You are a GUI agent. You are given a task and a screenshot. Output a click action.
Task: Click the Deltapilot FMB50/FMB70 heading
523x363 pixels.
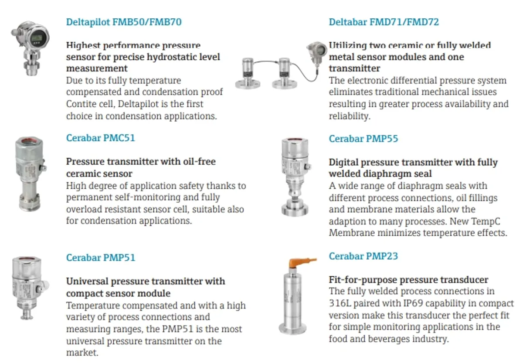124,22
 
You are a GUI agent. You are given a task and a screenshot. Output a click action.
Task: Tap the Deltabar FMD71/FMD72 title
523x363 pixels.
384,22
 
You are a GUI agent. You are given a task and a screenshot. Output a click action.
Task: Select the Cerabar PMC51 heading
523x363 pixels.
101,138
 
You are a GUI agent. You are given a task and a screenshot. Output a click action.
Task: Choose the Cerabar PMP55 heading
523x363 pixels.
363,139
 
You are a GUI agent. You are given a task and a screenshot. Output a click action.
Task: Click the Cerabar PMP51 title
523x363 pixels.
101,258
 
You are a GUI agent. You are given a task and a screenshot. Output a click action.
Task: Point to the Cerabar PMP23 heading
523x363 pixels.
363,256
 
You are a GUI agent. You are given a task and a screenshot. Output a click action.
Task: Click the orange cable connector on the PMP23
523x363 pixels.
301,263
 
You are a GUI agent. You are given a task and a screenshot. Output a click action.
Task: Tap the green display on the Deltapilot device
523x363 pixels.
37,38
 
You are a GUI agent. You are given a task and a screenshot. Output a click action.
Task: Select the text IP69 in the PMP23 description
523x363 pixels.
413,303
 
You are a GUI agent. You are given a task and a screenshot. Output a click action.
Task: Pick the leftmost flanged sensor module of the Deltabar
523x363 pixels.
248,73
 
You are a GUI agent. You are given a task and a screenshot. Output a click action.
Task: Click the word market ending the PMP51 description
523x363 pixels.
82,353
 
